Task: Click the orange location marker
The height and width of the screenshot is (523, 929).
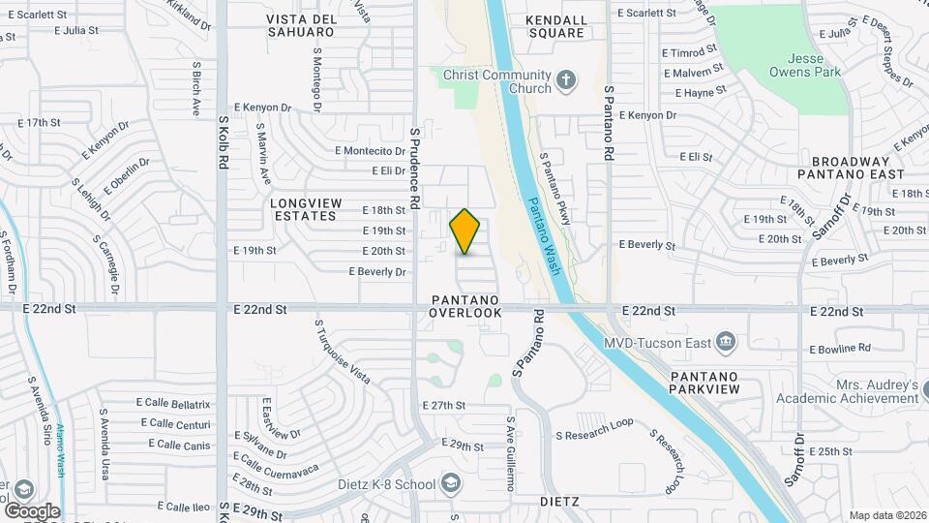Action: coord(465,231)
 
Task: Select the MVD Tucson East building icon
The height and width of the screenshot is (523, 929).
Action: coord(726,341)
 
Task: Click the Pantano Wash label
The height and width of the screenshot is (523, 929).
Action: coord(544,236)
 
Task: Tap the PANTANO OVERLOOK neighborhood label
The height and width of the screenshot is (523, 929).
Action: coord(465,306)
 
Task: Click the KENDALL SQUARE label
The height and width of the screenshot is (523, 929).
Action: coord(555,26)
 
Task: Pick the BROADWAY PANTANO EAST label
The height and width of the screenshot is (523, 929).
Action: coord(856,168)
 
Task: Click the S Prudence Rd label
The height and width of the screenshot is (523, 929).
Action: coord(414,169)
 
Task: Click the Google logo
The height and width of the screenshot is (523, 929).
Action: coord(32,510)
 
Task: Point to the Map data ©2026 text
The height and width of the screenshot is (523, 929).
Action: coord(886,514)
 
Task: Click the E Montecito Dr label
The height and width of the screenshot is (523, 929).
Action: coord(370,151)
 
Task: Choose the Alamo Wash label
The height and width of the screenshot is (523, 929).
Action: coord(58,452)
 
